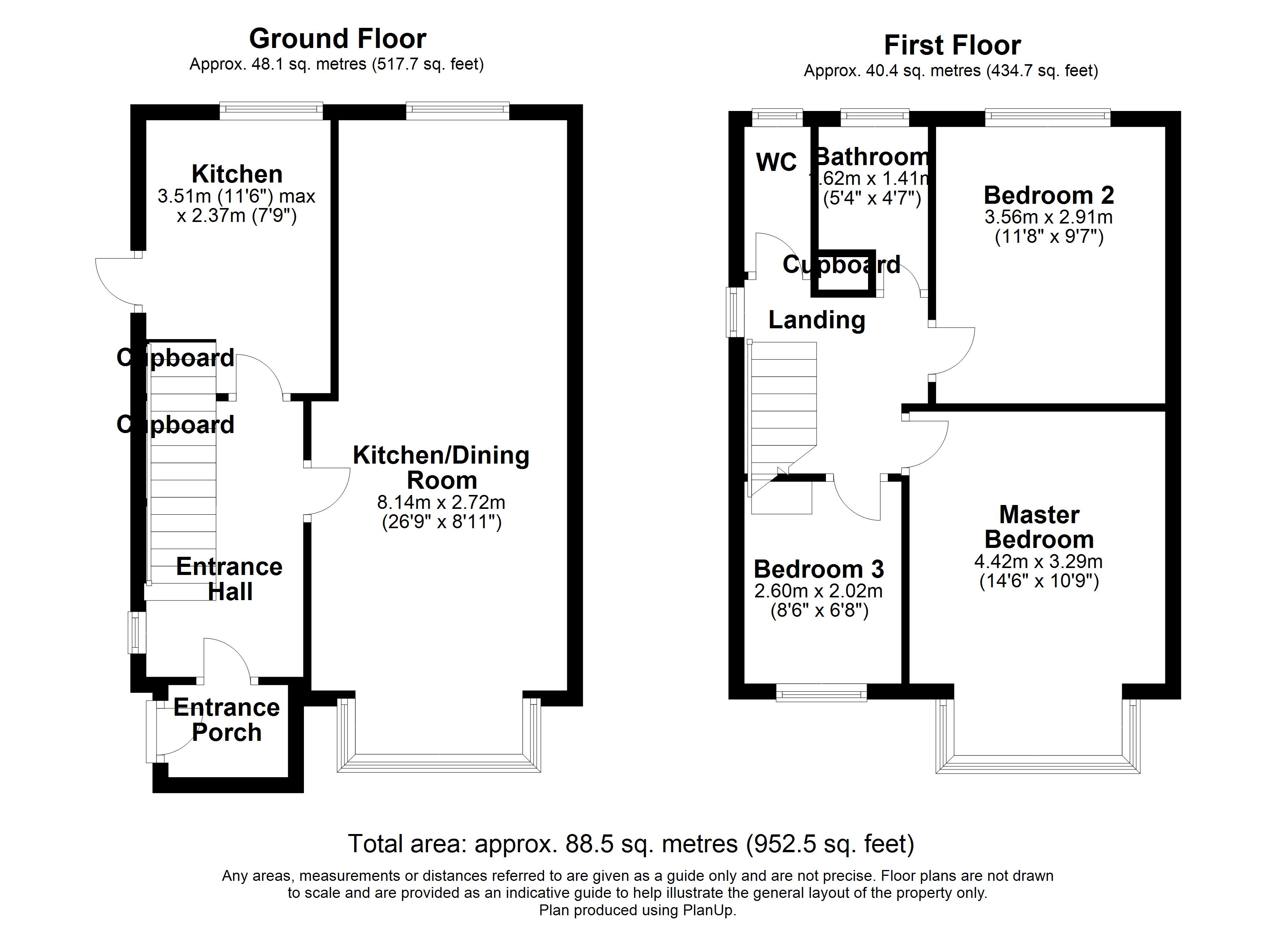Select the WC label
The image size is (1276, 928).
point(776,163)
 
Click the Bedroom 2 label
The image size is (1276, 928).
point(1049,195)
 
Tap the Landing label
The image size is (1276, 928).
point(816,320)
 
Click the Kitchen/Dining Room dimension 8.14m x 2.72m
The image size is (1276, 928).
point(441,502)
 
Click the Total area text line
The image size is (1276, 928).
point(631,844)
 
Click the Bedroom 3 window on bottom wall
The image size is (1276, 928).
point(821,693)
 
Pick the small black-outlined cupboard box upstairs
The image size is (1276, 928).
point(843,273)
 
